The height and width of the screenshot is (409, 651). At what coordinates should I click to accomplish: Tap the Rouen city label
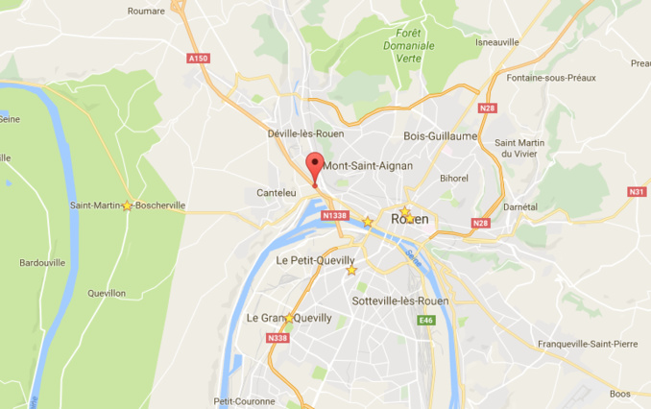(410, 220)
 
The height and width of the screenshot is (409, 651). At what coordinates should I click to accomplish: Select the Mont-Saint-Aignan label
(368, 166)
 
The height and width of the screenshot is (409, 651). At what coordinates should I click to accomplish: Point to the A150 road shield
(199, 59)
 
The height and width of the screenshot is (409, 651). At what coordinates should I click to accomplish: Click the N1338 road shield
(334, 216)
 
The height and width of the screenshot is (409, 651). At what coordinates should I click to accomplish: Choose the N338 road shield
(277, 338)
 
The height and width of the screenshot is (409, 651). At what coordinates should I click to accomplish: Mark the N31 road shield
(637, 192)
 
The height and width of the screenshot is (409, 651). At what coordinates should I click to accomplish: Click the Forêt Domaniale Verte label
(408, 45)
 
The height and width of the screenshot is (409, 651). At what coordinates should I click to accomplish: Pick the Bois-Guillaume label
(441, 136)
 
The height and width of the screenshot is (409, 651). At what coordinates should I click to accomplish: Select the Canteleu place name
(277, 193)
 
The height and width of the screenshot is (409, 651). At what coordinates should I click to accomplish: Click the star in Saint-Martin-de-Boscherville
(128, 205)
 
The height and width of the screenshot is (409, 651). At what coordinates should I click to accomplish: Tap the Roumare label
(146, 12)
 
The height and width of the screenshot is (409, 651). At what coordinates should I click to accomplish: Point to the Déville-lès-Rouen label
(305, 134)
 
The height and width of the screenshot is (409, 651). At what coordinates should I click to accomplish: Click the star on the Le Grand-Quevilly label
(289, 318)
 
